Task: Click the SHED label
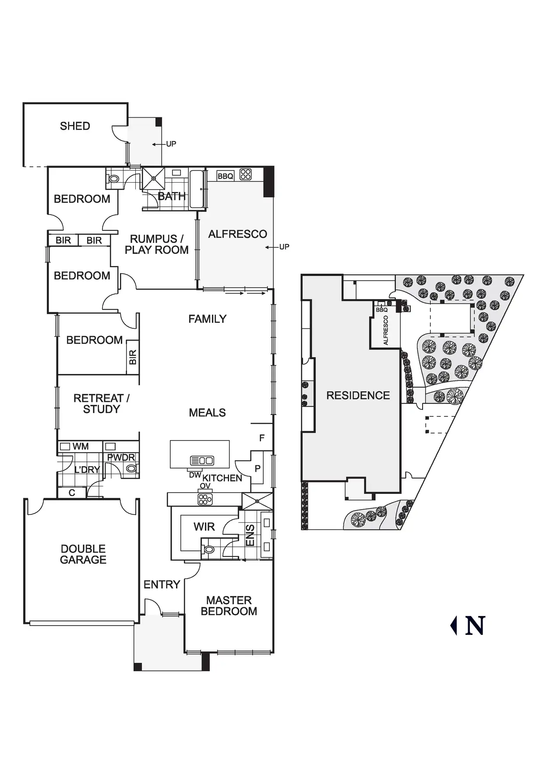pos(75,126)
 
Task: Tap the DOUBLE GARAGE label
pos(83,554)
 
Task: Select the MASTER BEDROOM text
pos(229,606)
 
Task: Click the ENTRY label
pos(162,585)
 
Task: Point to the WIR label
pos(204,527)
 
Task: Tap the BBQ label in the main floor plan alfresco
pos(225,176)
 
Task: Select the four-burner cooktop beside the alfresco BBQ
pos(246,174)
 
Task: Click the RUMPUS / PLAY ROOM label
pos(156,244)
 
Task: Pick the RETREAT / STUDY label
pos(101,404)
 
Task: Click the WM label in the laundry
pos(81,447)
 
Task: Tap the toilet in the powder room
pos(130,469)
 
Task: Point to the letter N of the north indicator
pos(475,626)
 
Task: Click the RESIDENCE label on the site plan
pos(358,395)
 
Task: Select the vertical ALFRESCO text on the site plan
pos(386,331)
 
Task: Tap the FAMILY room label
pos(207,319)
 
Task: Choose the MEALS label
pos(207,412)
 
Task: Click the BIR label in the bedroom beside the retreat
pos(133,357)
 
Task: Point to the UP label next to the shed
pos(171,144)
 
